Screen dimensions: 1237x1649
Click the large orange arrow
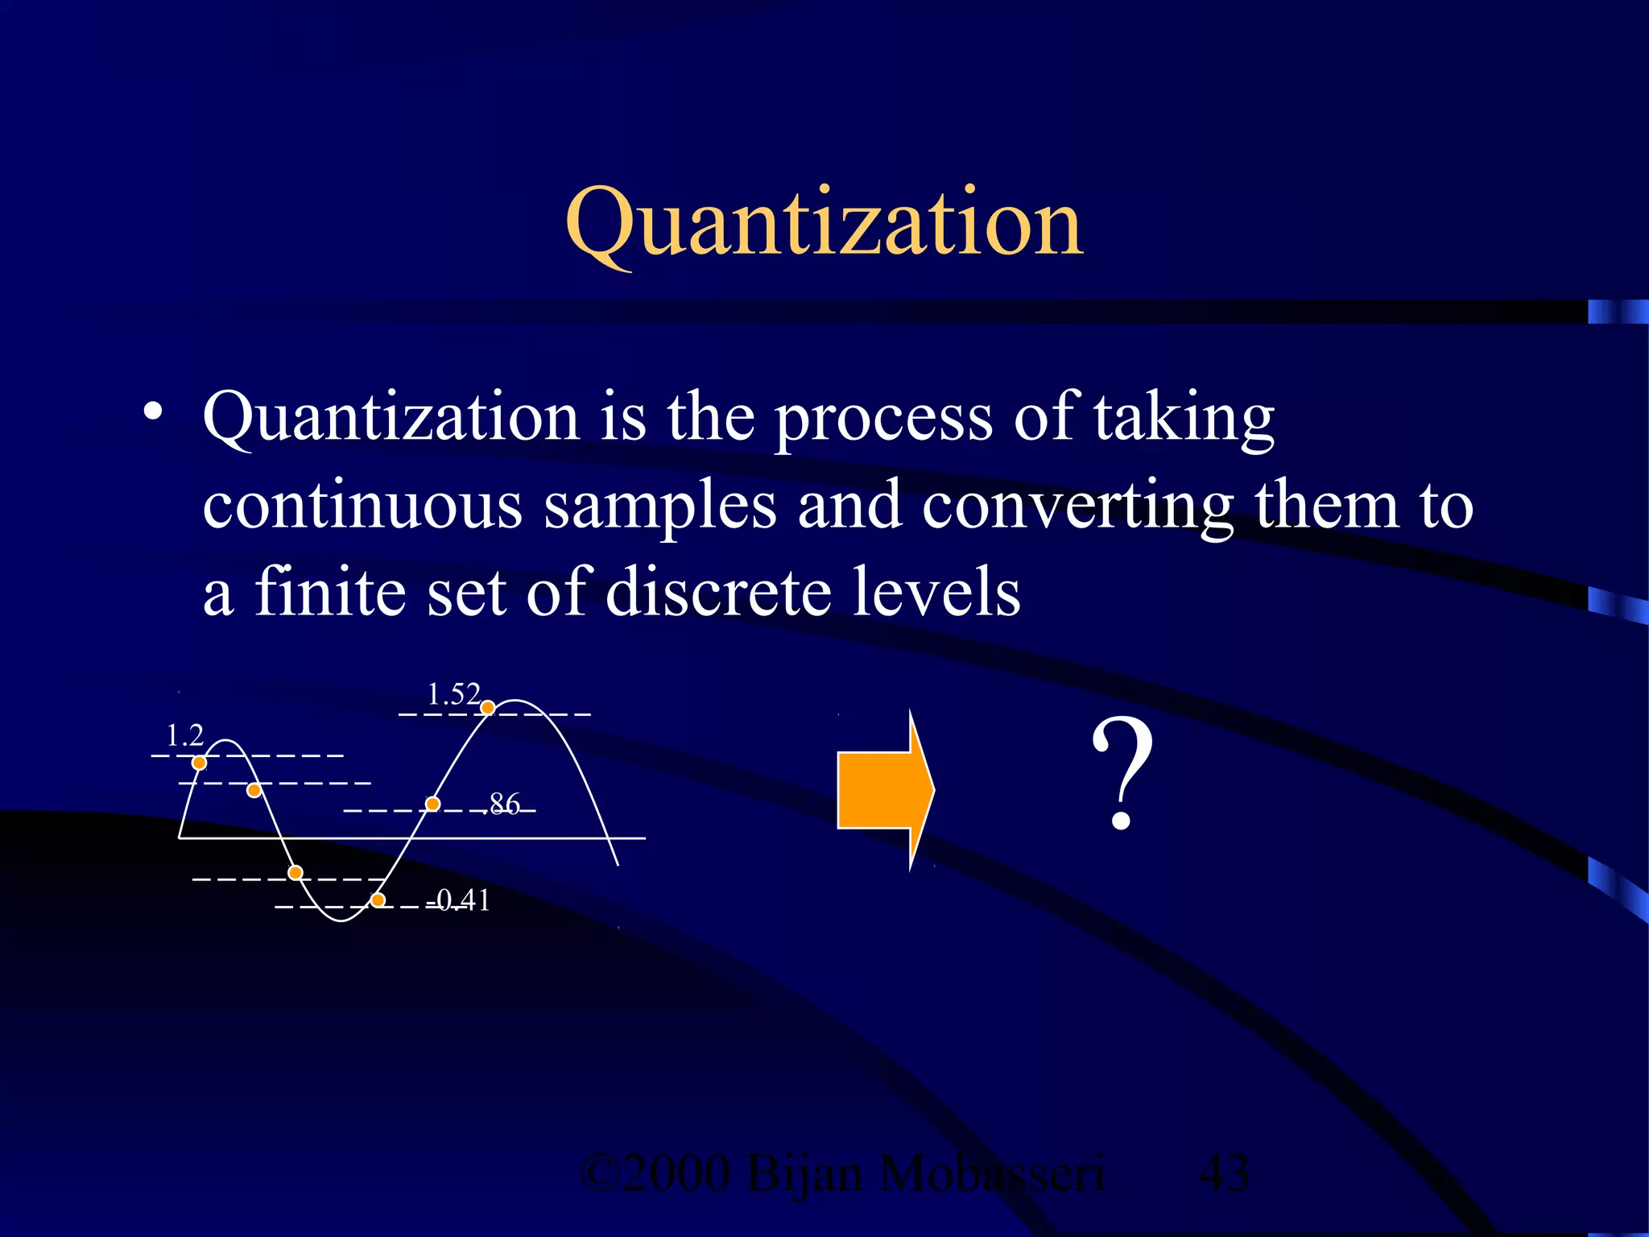pyautogui.click(x=885, y=789)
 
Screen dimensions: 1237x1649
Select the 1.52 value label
pyautogui.click(x=453, y=694)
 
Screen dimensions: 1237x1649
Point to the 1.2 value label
pyautogui.click(x=184, y=735)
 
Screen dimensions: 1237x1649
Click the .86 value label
pyautogui.click(x=504, y=804)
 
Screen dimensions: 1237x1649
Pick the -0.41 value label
pyautogui.click(x=461, y=900)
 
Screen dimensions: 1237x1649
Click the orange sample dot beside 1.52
pyautogui.click(x=487, y=708)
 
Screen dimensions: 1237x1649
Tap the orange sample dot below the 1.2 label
pyautogui.click(x=200, y=763)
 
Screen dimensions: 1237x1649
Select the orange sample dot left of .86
pyautogui.click(x=432, y=804)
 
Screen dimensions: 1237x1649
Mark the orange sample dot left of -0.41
pyautogui.click(x=378, y=900)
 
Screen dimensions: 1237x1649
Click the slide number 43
pyautogui.click(x=1224, y=1173)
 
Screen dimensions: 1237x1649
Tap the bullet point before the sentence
pyautogui.click(x=153, y=414)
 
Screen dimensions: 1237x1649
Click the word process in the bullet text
pyautogui.click(x=883, y=419)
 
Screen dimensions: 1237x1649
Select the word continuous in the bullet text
pyautogui.click(x=362, y=506)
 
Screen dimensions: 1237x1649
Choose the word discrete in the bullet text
pyautogui.click(x=717, y=593)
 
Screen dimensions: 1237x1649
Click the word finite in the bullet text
pyautogui.click(x=330, y=593)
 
